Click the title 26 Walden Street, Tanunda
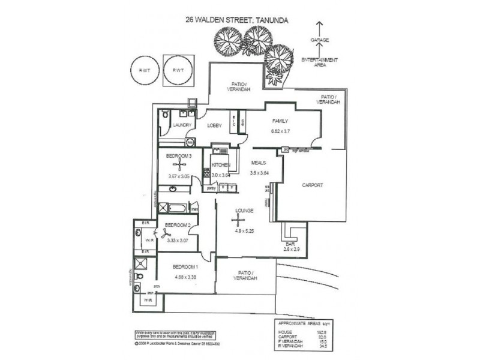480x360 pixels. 237,20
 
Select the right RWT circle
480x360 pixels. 178,71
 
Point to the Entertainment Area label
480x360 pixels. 319,62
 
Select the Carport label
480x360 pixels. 312,185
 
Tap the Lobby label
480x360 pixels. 215,125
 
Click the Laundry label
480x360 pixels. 182,125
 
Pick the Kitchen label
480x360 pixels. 221,164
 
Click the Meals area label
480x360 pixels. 259,162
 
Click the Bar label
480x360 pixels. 290,244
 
